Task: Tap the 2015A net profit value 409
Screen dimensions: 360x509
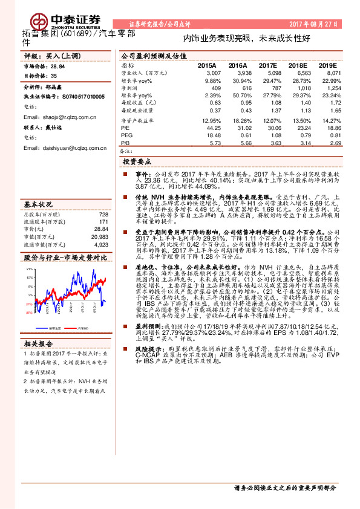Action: tap(212, 88)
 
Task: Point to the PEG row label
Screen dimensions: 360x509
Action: tap(126, 136)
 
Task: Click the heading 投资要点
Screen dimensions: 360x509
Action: tap(137, 162)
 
